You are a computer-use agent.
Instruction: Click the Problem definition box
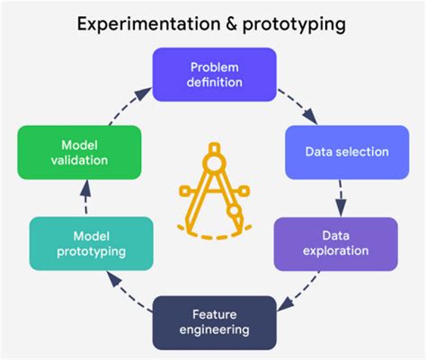[x=215, y=75]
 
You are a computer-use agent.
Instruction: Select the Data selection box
[x=347, y=153]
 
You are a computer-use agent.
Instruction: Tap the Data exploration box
[x=336, y=244]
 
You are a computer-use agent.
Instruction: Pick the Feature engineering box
[x=215, y=322]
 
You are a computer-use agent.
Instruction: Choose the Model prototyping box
[x=92, y=243]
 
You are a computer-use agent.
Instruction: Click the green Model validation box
[x=79, y=153]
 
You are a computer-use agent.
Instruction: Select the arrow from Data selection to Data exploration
[x=341, y=198]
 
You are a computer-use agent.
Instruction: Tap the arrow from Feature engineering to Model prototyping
[x=129, y=291]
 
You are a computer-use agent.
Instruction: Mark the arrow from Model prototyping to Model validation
[x=85, y=197]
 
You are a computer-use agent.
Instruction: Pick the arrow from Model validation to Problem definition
[x=130, y=106]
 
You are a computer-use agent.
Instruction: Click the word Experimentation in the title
[x=149, y=24]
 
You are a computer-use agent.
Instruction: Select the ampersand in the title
[x=232, y=24]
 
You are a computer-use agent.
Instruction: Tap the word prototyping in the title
[x=294, y=25]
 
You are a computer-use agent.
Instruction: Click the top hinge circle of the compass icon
[x=214, y=163]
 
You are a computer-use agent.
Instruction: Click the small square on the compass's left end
[x=184, y=191]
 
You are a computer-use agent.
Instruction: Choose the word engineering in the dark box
[x=215, y=330]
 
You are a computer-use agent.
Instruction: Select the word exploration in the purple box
[x=336, y=251]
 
